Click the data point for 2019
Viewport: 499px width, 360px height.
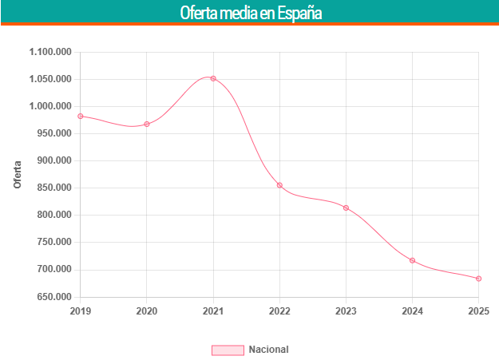point(81,117)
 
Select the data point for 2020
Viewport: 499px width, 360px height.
point(147,125)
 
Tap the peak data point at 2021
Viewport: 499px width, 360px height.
point(213,78)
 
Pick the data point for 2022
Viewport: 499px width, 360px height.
point(279,185)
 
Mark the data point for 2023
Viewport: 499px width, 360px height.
point(346,208)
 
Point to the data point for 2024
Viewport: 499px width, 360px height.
point(412,260)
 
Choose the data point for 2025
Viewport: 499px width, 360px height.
point(478,279)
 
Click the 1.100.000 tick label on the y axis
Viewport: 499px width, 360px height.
point(50,53)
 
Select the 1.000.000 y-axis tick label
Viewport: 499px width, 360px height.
point(50,107)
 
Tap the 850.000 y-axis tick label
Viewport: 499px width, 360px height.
point(53,188)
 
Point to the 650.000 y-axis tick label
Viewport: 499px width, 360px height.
point(53,297)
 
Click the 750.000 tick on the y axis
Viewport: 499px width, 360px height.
point(53,243)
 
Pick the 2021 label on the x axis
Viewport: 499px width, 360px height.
point(213,311)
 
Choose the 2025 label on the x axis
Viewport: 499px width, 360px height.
point(478,311)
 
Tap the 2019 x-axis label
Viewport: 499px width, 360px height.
point(81,311)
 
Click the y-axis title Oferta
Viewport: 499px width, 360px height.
point(18,175)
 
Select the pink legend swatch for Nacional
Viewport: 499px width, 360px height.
point(227,350)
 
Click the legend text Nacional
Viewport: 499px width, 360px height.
point(268,350)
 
